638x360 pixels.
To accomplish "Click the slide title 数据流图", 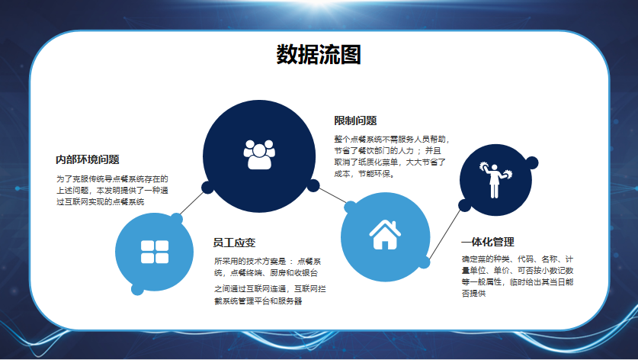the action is [x=319, y=55].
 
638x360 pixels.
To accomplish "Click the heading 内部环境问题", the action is [x=88, y=159].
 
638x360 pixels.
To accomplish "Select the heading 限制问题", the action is [x=356, y=121].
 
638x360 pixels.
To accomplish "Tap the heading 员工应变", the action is [x=234, y=243].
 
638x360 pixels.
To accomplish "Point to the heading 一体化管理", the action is [x=488, y=242].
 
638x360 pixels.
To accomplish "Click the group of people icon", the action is [x=259, y=154].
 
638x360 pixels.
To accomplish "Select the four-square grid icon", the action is [x=155, y=252].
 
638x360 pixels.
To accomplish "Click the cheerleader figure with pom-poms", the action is [x=495, y=180].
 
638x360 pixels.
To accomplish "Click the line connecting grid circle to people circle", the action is [x=191, y=203].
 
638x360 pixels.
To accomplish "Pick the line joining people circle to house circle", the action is [x=332, y=195].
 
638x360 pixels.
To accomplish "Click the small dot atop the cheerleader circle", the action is [x=531, y=163].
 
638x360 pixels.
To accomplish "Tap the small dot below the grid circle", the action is [x=137, y=289].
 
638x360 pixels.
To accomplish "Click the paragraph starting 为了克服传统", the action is [x=112, y=190].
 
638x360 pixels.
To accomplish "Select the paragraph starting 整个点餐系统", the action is [x=392, y=156].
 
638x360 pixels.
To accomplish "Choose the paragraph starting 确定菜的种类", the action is [x=518, y=275].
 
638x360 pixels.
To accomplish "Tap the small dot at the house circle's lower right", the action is [x=424, y=262].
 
